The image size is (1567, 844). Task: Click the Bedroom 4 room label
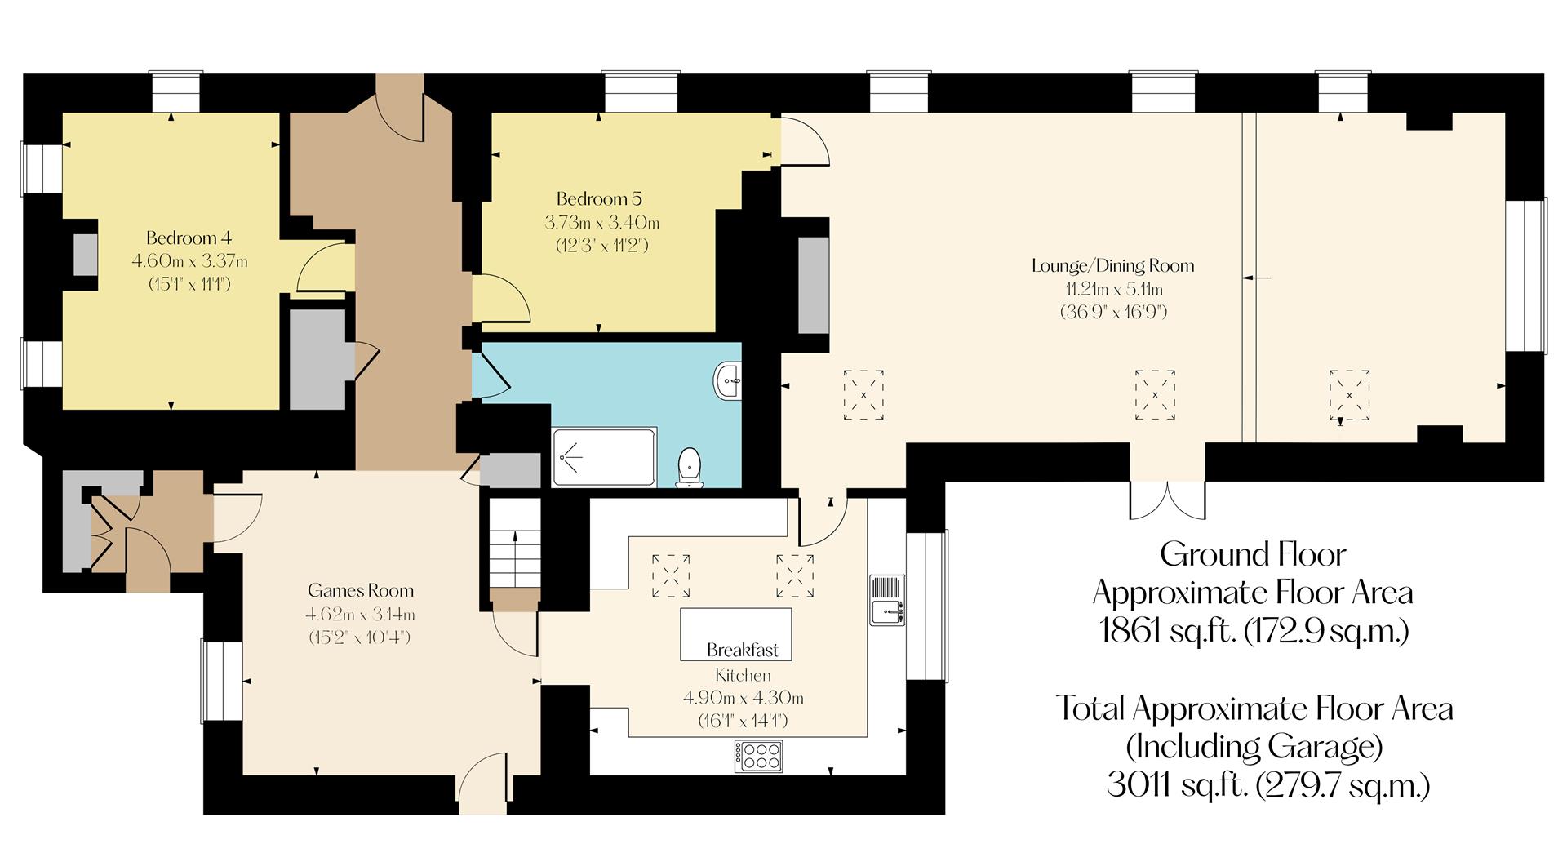[x=189, y=238]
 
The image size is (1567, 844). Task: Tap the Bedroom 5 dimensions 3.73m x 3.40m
[x=601, y=222]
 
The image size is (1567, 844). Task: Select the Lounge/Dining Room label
[x=1112, y=265]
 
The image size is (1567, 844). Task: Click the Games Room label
[x=360, y=590]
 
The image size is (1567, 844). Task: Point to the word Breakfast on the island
[x=742, y=650]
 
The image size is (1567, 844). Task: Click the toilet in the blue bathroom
[x=690, y=468]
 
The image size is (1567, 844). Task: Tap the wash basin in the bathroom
[x=728, y=381]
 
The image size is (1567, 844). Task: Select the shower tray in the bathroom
[x=604, y=457]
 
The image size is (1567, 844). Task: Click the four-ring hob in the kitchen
[x=758, y=755]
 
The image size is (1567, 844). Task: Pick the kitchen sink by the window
[x=887, y=600]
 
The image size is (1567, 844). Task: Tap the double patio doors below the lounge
[x=1167, y=500]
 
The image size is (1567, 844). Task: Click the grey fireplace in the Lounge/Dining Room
[x=813, y=284]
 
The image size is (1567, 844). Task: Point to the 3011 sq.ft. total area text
[x=1267, y=784]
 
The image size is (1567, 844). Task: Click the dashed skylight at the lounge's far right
[x=1349, y=396]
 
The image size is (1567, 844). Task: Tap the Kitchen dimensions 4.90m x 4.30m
[x=743, y=698]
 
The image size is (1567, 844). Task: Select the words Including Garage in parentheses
[x=1254, y=746]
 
